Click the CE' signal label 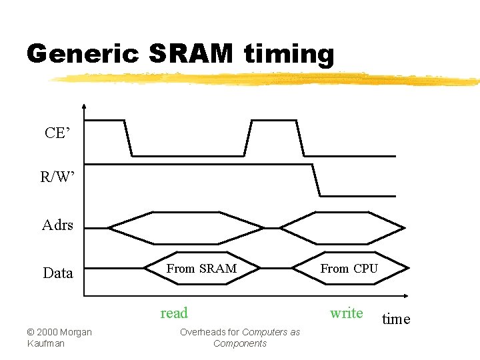click(57, 133)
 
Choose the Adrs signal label click(57, 225)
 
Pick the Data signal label click(58, 273)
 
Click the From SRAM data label click(201, 269)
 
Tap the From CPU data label click(349, 269)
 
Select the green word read click(175, 313)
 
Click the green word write click(347, 313)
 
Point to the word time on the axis click(396, 319)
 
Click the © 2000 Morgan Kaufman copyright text click(59, 337)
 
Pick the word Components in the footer click(240, 343)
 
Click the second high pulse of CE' click(273, 121)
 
